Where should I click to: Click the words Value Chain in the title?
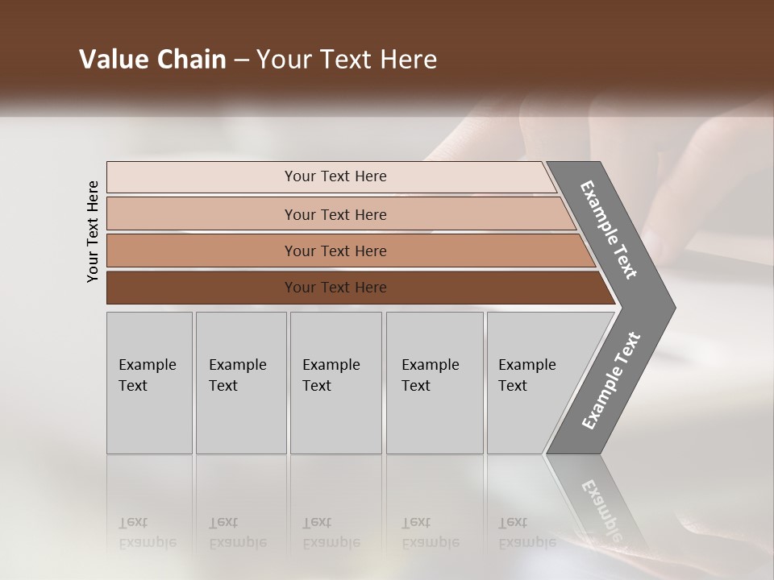152,60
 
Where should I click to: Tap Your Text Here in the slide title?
347,60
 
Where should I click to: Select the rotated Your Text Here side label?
93,231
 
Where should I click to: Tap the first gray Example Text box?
149,383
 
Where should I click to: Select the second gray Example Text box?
241,383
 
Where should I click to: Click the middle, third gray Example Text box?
335,383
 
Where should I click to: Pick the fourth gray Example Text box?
435,383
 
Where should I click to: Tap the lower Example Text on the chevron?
610,381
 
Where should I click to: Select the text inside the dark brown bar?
335,288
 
